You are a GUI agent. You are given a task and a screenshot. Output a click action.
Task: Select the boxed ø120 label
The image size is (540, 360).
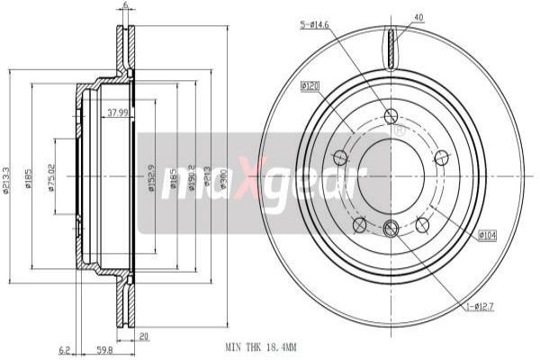310,86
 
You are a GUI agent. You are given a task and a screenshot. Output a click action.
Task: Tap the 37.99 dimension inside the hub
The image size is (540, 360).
116,112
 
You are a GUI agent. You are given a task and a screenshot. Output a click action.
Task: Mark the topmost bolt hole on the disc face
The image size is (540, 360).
391,116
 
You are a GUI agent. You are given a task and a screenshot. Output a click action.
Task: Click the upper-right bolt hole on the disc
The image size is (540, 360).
440,158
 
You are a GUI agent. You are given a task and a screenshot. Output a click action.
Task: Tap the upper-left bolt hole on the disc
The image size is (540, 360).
340,158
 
